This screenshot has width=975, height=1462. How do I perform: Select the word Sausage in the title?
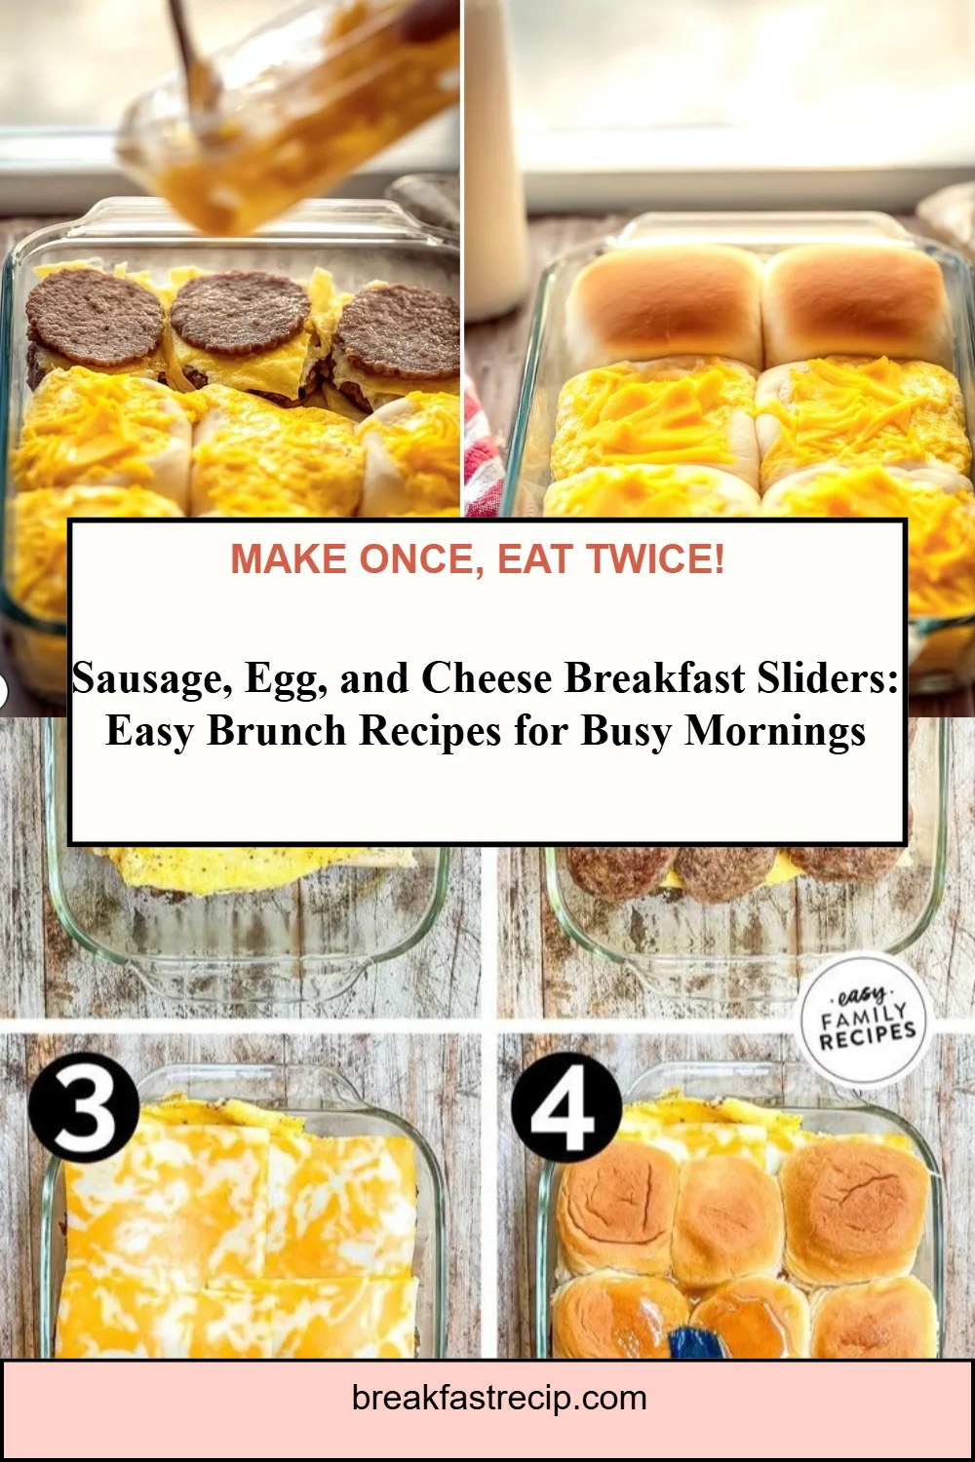tap(151, 678)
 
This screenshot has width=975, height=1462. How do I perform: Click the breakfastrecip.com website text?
tap(499, 1398)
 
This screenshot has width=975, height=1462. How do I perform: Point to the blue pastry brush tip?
tap(694, 1343)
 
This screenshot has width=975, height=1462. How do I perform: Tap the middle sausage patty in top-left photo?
tap(240, 313)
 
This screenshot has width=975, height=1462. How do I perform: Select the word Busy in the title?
tap(628, 731)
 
